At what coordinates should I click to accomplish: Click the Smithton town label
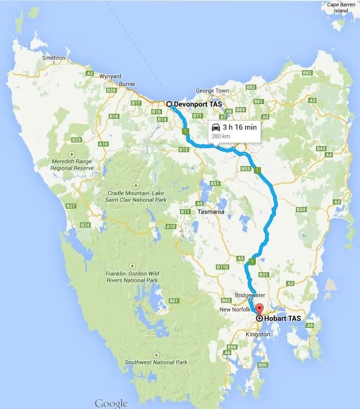pos(53,58)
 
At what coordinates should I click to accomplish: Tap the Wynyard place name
pos(110,76)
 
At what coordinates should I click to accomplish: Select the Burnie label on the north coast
pos(127,84)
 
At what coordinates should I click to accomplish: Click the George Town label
pos(212,91)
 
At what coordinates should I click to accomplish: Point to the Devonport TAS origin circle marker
pos(169,104)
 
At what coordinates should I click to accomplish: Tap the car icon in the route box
pos(216,127)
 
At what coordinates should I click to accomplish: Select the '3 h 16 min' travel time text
pos(239,127)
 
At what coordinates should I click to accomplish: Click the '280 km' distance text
pos(221,136)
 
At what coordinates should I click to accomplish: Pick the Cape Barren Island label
pos(341,8)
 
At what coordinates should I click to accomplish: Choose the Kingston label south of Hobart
pos(258,334)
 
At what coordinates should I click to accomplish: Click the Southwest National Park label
pos(156,362)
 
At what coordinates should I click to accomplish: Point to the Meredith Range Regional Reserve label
pos(72,165)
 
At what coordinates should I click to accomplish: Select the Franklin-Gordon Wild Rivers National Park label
pos(132,277)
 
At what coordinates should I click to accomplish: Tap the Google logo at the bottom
pos(111,403)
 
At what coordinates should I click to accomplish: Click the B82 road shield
pos(307,73)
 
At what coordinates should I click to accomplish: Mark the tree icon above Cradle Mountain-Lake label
pos(136,185)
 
